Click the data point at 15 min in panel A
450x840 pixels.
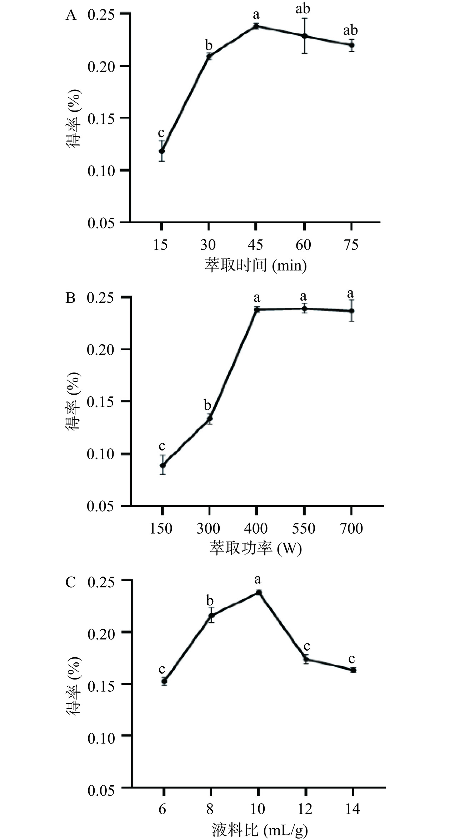162,151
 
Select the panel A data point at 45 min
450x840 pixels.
256,26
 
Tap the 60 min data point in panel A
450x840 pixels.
304,36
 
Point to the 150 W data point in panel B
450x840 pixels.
162,465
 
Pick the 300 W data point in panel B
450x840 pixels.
210,418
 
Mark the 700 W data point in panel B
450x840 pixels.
352,311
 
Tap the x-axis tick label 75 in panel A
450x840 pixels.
351,245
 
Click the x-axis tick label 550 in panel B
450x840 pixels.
304,529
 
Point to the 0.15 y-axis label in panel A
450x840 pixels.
101,119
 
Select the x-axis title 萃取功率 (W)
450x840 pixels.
256,549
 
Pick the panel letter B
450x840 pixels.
71,297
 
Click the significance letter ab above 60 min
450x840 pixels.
303,9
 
